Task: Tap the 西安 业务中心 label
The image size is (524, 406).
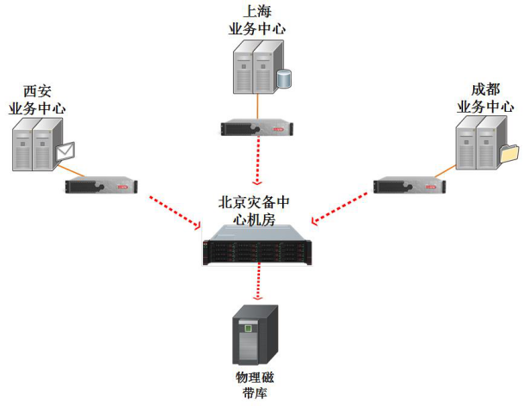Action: [37, 100]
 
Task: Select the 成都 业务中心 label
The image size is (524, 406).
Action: [484, 99]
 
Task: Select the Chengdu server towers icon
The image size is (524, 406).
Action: [478, 143]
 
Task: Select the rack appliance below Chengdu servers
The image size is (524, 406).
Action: [410, 186]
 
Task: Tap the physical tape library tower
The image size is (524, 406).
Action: [256, 335]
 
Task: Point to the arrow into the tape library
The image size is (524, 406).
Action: [256, 283]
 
